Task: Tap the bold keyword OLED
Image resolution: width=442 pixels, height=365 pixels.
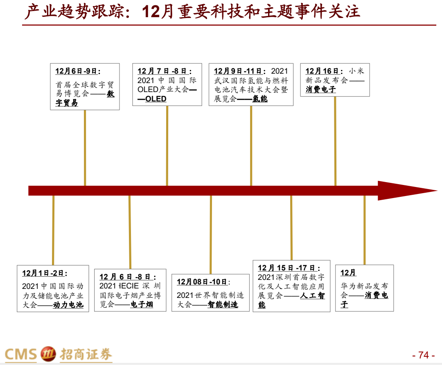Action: coord(156,99)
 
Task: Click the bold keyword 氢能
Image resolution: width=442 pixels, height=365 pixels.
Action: coord(259,99)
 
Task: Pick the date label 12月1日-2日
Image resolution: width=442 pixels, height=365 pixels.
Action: coord(45,273)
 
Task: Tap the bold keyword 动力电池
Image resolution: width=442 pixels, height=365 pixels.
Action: coord(68,305)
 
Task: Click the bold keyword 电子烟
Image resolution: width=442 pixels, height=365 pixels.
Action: coord(142,304)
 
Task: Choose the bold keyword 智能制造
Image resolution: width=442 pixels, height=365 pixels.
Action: coord(223,305)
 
